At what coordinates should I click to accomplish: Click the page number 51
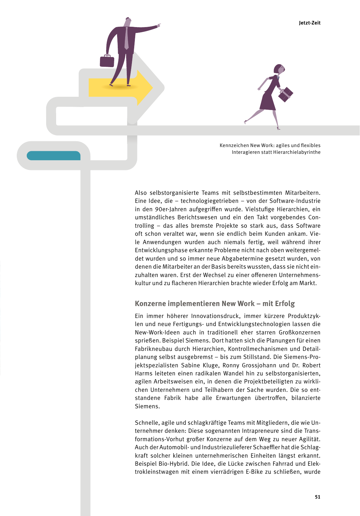point(318,497)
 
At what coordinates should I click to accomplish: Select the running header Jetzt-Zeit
point(310,23)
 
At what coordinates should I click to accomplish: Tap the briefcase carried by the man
point(107,61)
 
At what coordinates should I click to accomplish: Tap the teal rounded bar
point(54,156)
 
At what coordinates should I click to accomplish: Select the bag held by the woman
point(285,94)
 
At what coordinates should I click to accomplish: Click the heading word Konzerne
point(150,303)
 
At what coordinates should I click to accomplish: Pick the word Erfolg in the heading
point(285,303)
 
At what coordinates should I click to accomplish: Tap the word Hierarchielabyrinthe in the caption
point(297,152)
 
